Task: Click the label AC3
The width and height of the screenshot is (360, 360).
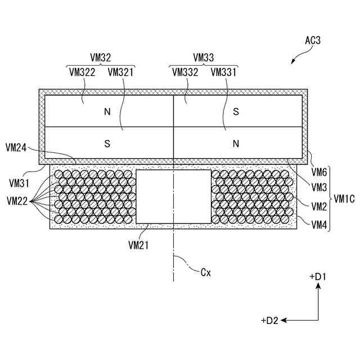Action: (314, 40)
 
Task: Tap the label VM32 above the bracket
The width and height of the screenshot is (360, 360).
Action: (101, 57)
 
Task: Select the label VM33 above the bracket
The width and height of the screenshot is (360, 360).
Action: (203, 57)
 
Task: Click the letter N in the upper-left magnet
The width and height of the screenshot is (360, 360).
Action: (107, 111)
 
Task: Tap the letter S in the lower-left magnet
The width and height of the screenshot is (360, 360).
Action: (107, 143)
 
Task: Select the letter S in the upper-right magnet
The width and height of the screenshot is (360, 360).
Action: (236, 111)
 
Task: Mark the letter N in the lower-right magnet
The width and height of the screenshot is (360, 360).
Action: (236, 143)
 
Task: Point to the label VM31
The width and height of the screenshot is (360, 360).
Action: (20, 183)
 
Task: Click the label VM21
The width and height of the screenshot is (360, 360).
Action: (138, 245)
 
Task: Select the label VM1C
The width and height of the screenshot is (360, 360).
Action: (344, 199)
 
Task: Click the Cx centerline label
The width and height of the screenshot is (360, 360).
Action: (206, 272)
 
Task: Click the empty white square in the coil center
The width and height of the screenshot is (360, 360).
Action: (174, 196)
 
